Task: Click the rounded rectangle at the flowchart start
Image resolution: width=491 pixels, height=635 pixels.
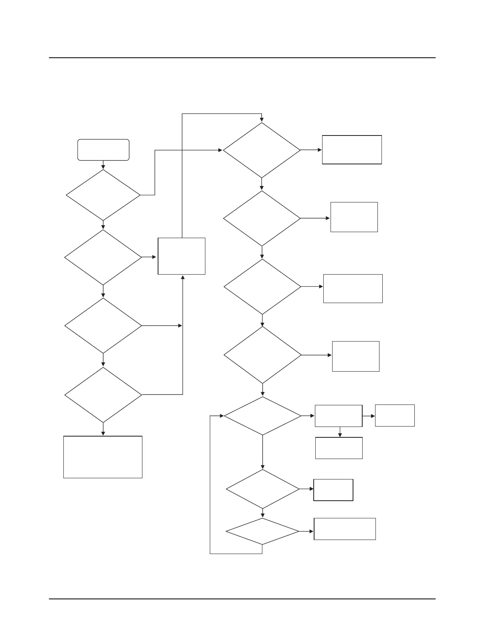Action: (x=103, y=150)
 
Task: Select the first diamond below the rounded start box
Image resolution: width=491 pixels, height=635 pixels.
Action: (x=103, y=195)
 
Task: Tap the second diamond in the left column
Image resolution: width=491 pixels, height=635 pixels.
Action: (x=103, y=257)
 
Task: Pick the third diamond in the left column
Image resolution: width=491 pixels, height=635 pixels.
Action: (x=103, y=326)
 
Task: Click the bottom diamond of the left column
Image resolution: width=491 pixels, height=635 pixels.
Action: (x=103, y=395)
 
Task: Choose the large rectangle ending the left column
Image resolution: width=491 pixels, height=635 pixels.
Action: (x=103, y=457)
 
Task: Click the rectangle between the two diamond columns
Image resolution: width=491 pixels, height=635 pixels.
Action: (x=182, y=256)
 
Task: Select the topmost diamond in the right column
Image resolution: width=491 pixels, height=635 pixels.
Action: (x=262, y=150)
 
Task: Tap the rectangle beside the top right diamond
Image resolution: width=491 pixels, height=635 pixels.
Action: (x=352, y=150)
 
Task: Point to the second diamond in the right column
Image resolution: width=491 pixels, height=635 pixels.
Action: (x=262, y=218)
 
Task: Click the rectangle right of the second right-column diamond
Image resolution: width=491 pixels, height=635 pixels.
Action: (x=354, y=217)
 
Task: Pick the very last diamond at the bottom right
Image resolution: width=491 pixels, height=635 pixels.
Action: (x=262, y=532)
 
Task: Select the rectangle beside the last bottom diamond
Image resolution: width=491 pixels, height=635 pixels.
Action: (x=345, y=529)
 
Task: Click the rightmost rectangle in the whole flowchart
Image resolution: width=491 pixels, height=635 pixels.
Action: (x=395, y=415)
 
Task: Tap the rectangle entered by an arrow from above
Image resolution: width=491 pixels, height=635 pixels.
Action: (x=339, y=448)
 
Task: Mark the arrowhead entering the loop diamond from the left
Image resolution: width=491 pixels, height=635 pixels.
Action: (x=221, y=416)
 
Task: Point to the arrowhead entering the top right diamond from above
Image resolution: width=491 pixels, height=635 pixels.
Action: (x=262, y=119)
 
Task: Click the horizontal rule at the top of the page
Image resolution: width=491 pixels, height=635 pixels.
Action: (x=242, y=58)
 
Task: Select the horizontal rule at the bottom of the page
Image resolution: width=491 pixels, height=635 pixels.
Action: (x=242, y=599)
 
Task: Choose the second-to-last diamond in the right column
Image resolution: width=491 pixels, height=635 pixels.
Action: (x=262, y=489)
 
